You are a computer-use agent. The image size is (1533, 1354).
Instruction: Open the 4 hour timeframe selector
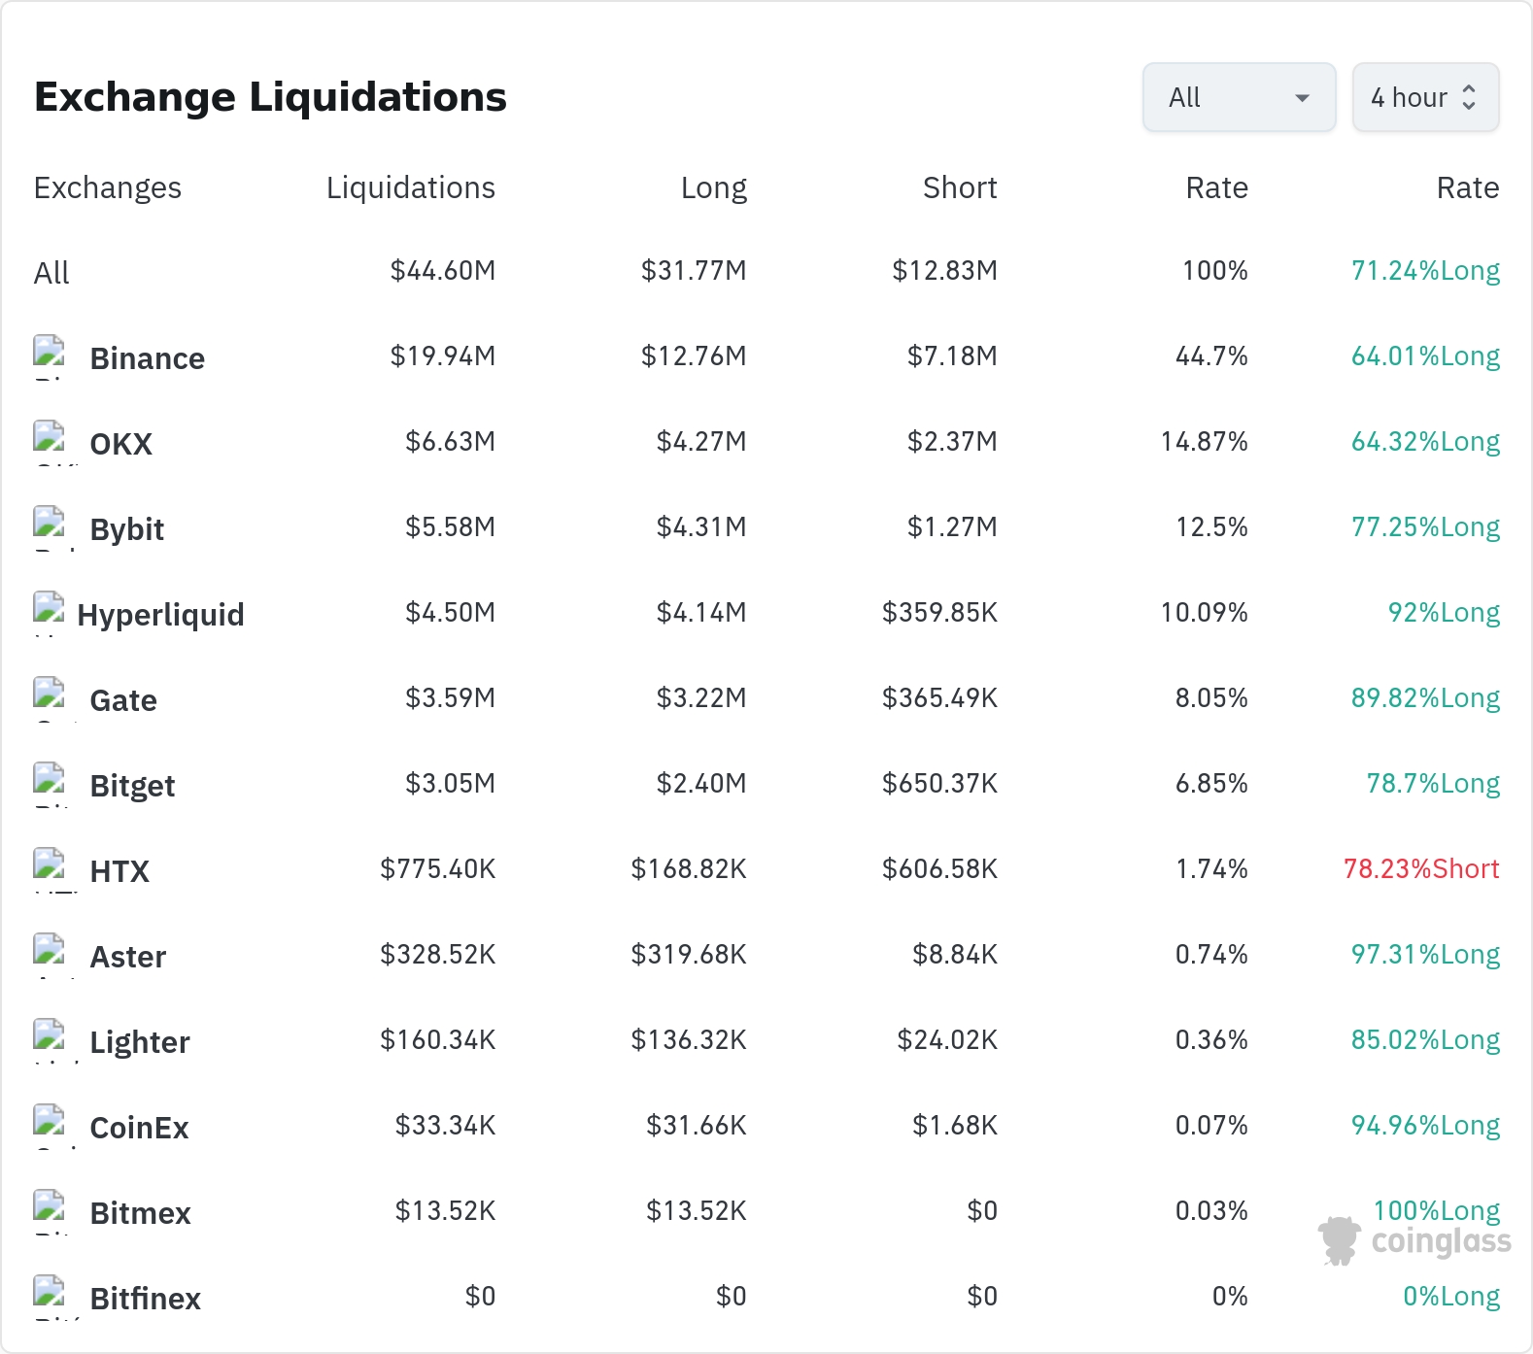1425,97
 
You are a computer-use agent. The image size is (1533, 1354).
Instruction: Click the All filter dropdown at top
1239,97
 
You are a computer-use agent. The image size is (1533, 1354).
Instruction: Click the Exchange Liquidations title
270,97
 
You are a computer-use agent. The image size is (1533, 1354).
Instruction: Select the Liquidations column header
411,187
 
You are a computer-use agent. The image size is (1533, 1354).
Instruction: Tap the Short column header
960,187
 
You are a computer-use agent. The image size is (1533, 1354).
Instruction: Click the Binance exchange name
148,358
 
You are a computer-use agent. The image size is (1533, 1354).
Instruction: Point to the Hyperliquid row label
160,615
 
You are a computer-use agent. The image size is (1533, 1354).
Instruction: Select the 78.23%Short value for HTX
1421,868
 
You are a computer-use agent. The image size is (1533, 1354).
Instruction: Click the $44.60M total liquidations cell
443,270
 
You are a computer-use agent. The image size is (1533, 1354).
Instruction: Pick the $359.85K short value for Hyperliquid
939,612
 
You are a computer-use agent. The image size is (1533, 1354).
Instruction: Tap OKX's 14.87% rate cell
1205,441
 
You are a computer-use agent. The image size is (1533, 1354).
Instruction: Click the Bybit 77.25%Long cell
1425,526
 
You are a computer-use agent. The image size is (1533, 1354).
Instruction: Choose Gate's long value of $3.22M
701,697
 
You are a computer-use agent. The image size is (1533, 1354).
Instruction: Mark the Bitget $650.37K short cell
939,783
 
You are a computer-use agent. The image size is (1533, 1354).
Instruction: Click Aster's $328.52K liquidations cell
438,954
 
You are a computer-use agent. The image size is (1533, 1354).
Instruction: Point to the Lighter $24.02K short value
947,1039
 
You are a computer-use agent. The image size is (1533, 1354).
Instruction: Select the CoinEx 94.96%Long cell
1425,1125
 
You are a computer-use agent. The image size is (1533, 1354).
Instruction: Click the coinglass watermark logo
1414,1240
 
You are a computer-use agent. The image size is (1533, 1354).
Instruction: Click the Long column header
714,187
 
